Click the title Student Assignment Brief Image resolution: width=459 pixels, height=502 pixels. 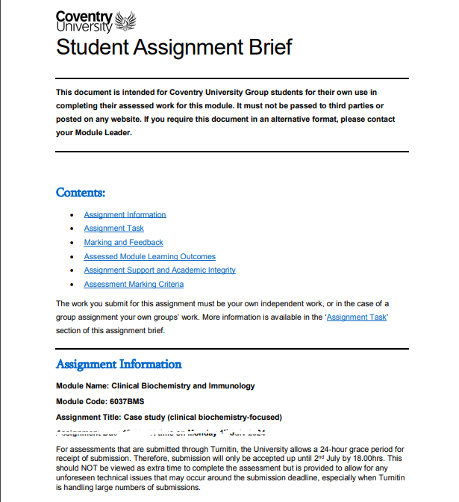click(x=174, y=47)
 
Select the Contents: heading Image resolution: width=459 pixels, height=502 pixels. click(x=81, y=193)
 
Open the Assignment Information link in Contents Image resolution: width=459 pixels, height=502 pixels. click(x=125, y=214)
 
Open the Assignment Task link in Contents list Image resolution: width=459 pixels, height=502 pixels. click(x=113, y=229)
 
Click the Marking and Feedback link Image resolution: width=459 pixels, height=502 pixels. click(x=123, y=243)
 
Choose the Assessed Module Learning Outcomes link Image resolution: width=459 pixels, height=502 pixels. click(x=149, y=256)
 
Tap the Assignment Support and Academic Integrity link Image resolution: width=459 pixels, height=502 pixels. click(x=160, y=270)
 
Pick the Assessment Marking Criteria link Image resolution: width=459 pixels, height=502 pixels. click(x=134, y=285)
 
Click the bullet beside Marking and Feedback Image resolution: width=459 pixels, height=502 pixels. click(x=71, y=243)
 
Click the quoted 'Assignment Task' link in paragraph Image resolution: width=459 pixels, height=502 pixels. click(x=357, y=317)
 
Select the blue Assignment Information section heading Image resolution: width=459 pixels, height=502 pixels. click(x=119, y=365)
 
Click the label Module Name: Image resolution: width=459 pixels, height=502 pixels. click(x=82, y=386)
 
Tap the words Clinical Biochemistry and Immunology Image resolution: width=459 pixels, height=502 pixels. click(x=183, y=386)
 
